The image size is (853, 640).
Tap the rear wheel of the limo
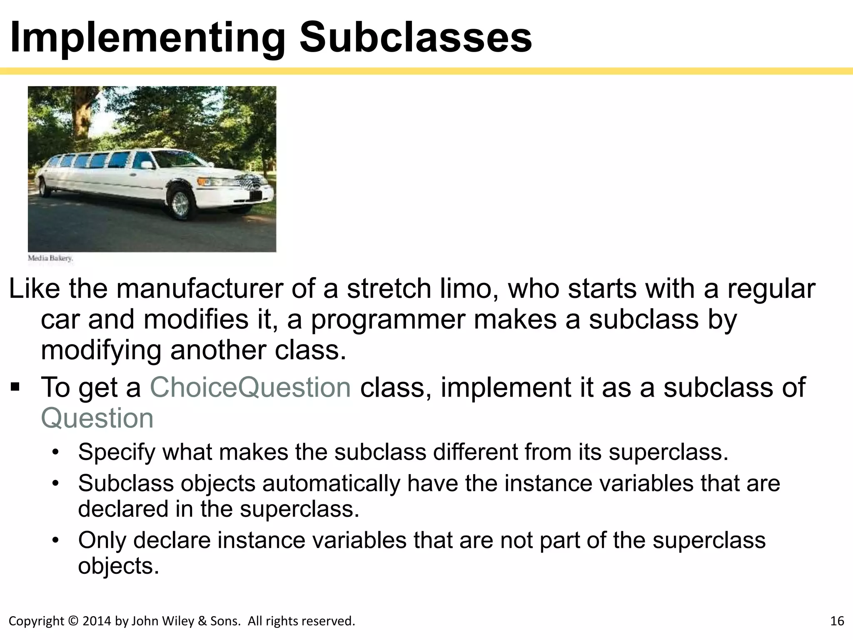42,187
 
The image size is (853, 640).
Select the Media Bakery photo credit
50,258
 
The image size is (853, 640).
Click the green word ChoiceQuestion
250,387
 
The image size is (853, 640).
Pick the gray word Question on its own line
97,418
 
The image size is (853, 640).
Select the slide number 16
837,621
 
